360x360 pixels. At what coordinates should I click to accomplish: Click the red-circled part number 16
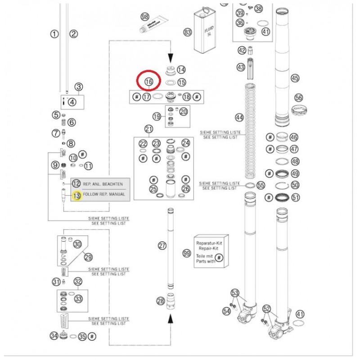coord(149,82)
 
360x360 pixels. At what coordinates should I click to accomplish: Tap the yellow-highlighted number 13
coord(76,195)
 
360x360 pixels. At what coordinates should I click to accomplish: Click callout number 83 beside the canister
coord(187,32)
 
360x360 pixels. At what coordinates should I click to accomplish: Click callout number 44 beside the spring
coord(239,118)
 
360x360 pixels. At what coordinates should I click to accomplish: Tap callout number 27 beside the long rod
coord(162,246)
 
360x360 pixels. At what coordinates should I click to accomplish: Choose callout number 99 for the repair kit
coord(187,254)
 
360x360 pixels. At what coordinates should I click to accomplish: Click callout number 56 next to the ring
coord(298,98)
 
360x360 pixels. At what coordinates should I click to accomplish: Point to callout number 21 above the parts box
coord(149,130)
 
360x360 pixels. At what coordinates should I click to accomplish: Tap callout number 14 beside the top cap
coord(181,70)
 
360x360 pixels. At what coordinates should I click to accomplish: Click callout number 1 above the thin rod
coord(54,34)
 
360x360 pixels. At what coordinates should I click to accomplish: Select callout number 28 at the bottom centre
coord(161,301)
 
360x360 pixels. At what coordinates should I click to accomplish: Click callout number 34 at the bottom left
coord(54,336)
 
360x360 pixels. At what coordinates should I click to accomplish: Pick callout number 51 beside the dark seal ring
coord(295,197)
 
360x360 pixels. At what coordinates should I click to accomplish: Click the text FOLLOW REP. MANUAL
coord(104,194)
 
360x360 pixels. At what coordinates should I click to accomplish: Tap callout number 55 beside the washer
coord(261,185)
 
